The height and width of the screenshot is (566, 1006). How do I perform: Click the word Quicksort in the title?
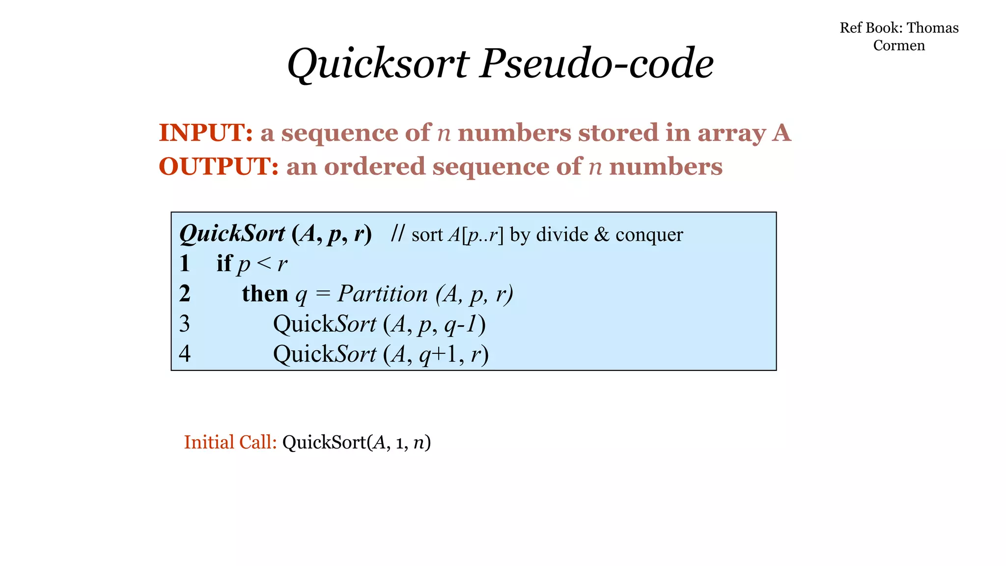pos(378,64)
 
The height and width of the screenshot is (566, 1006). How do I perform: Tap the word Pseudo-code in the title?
pos(596,64)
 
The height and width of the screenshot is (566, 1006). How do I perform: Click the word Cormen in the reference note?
pos(898,46)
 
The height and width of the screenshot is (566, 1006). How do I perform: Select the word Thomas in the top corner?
pos(932,28)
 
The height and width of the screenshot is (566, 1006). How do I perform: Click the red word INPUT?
pos(206,133)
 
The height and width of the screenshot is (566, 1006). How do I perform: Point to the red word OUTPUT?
pos(219,167)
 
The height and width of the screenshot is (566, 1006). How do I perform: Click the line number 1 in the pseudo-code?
pos(185,264)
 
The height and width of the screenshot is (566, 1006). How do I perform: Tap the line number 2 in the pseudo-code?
pos(185,294)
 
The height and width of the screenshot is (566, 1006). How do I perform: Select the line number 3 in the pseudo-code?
pos(185,324)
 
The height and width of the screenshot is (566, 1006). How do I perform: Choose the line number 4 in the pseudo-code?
pos(185,354)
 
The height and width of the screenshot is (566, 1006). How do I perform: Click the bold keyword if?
pos(224,264)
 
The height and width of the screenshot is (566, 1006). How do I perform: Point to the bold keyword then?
pos(265,294)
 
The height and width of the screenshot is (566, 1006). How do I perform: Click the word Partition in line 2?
pos(383,294)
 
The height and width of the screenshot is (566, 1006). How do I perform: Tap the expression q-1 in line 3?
pos(461,325)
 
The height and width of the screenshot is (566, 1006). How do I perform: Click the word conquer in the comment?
pos(649,235)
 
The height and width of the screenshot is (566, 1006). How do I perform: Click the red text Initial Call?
pos(230,442)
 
